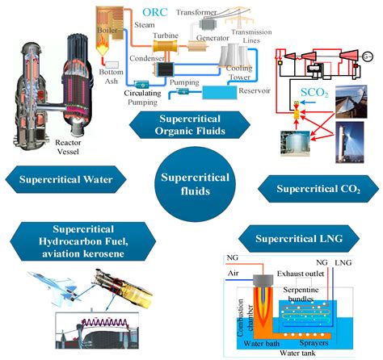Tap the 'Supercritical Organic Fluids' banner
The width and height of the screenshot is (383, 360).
pyautogui.click(x=191, y=126)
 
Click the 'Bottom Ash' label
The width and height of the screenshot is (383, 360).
pyautogui.click(x=109, y=79)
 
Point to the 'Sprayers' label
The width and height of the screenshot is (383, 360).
pyautogui.click(x=331, y=330)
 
